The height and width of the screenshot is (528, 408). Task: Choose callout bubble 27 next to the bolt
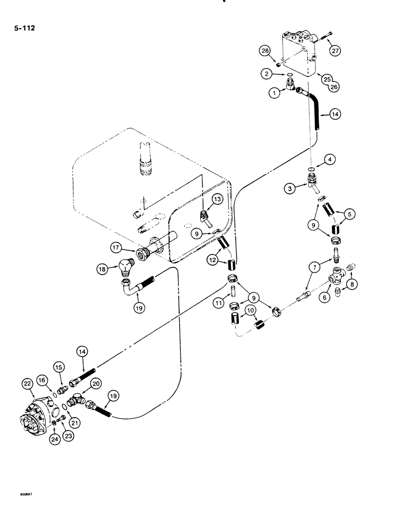click(x=336, y=51)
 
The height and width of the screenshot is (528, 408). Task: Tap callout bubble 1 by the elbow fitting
click(x=274, y=93)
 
